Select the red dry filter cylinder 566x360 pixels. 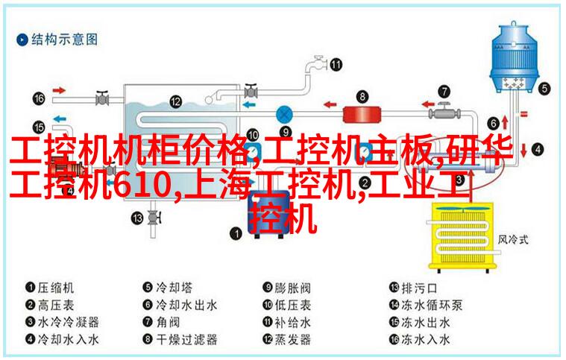click(x=361, y=114)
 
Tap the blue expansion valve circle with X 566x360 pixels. click(x=284, y=115)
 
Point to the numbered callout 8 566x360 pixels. click(x=362, y=96)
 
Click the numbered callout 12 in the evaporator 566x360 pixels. click(x=176, y=101)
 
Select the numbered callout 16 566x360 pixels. click(x=39, y=98)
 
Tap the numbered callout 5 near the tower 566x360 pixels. click(x=545, y=89)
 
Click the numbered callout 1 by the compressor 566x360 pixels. click(x=236, y=233)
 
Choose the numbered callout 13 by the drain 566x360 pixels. click(x=137, y=218)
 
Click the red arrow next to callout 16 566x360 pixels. click(x=59, y=90)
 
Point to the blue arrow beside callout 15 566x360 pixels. click(x=60, y=119)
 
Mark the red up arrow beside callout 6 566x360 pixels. click(x=505, y=123)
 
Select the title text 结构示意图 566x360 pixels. click(x=64, y=39)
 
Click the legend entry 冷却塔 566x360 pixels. click(x=174, y=288)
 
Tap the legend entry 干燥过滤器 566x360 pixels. click(x=186, y=339)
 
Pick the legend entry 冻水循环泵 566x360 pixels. click(x=432, y=305)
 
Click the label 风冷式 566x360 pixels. click(x=513, y=239)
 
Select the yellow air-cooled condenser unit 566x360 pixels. click(x=461, y=237)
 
